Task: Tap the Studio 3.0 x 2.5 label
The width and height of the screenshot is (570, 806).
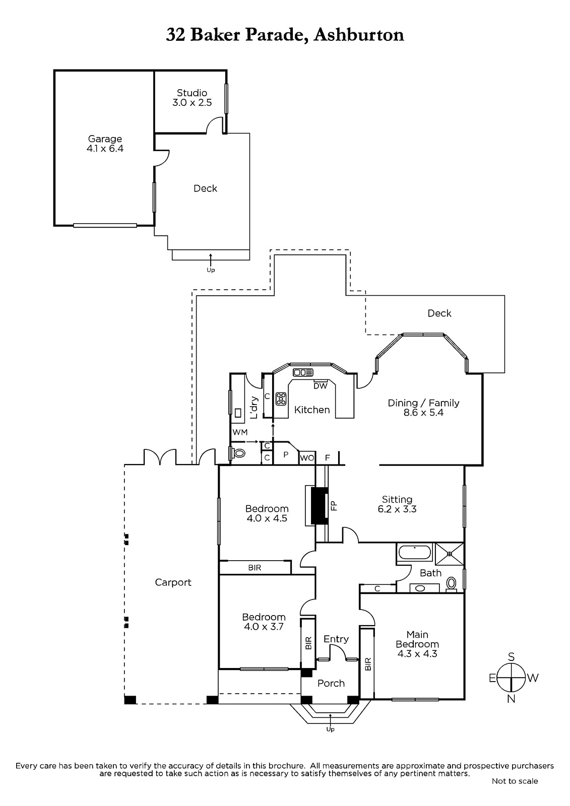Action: (x=192, y=98)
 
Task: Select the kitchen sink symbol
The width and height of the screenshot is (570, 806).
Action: (x=303, y=372)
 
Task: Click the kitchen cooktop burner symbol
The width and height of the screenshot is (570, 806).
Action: (x=281, y=398)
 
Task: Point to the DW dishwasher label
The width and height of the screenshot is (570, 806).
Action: (x=320, y=386)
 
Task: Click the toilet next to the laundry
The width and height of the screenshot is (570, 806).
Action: (x=238, y=453)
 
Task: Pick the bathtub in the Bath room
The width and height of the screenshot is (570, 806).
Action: (x=414, y=552)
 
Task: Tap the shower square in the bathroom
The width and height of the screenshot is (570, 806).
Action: (x=449, y=554)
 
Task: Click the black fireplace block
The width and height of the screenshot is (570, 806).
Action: (x=320, y=506)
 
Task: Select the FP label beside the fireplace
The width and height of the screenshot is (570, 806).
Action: (x=334, y=506)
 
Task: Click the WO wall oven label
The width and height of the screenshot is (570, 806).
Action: (x=307, y=458)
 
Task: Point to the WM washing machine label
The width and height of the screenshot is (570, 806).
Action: (x=240, y=432)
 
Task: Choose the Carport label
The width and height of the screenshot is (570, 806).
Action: (x=173, y=582)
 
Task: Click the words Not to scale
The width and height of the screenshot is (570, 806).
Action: (x=515, y=781)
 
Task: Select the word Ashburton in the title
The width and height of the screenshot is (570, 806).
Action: (x=359, y=35)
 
